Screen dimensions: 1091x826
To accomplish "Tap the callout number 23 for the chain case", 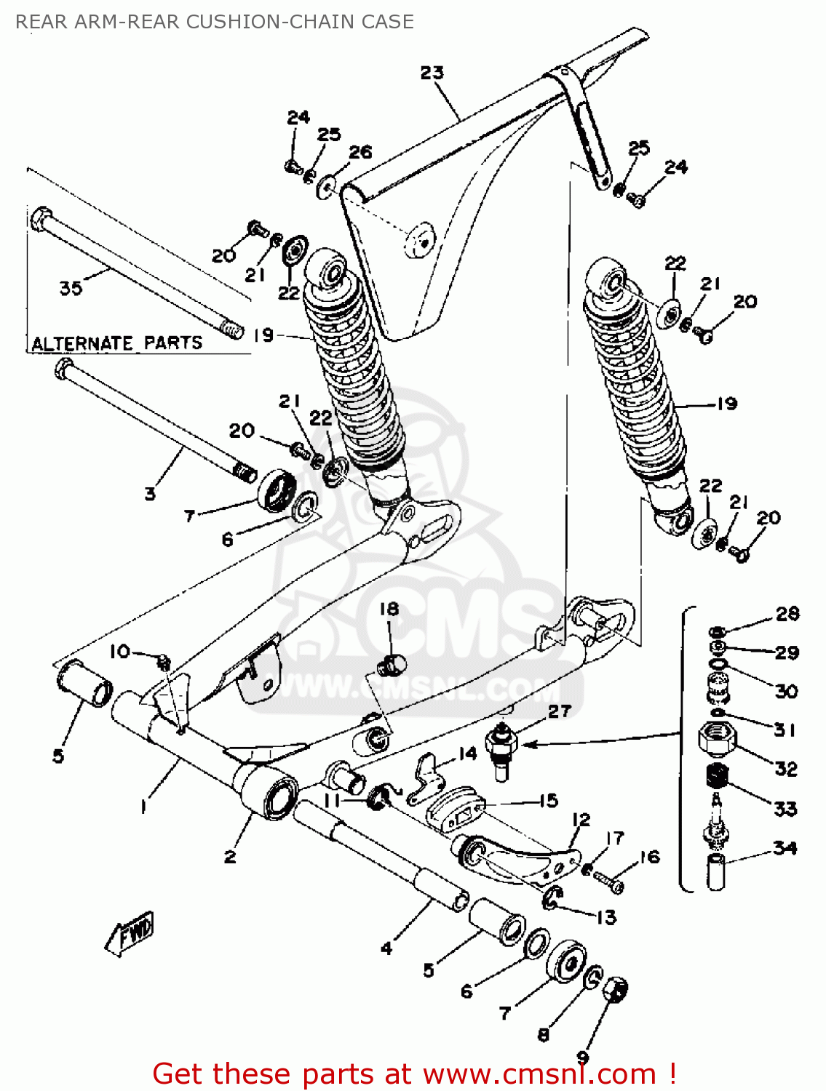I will point(432,73).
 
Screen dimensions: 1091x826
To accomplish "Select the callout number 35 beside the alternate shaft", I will point(71,288).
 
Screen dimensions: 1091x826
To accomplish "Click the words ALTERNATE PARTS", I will point(116,343).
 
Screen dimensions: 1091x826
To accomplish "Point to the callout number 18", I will point(389,609).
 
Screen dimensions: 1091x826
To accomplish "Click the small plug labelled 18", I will point(394,663).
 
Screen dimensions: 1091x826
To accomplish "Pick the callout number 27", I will point(559,711).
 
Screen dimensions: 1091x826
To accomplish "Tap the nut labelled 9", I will point(615,990).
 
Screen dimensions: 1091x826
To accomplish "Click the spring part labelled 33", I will point(718,776).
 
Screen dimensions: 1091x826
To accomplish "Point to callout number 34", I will point(785,848).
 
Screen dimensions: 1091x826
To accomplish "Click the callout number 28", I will point(787,614).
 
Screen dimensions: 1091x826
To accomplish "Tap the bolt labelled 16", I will point(608,882).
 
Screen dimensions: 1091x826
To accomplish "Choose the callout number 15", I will point(548,801).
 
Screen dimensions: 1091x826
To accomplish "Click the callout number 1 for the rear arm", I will point(143,807).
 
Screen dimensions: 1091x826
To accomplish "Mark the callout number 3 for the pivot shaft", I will point(150,494).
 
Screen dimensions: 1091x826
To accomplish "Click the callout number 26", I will point(360,152).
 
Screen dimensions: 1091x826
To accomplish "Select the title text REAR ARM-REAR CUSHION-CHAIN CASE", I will point(215,22).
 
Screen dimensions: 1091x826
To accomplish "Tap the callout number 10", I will point(119,651).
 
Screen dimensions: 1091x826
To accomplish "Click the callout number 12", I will point(581,820).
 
